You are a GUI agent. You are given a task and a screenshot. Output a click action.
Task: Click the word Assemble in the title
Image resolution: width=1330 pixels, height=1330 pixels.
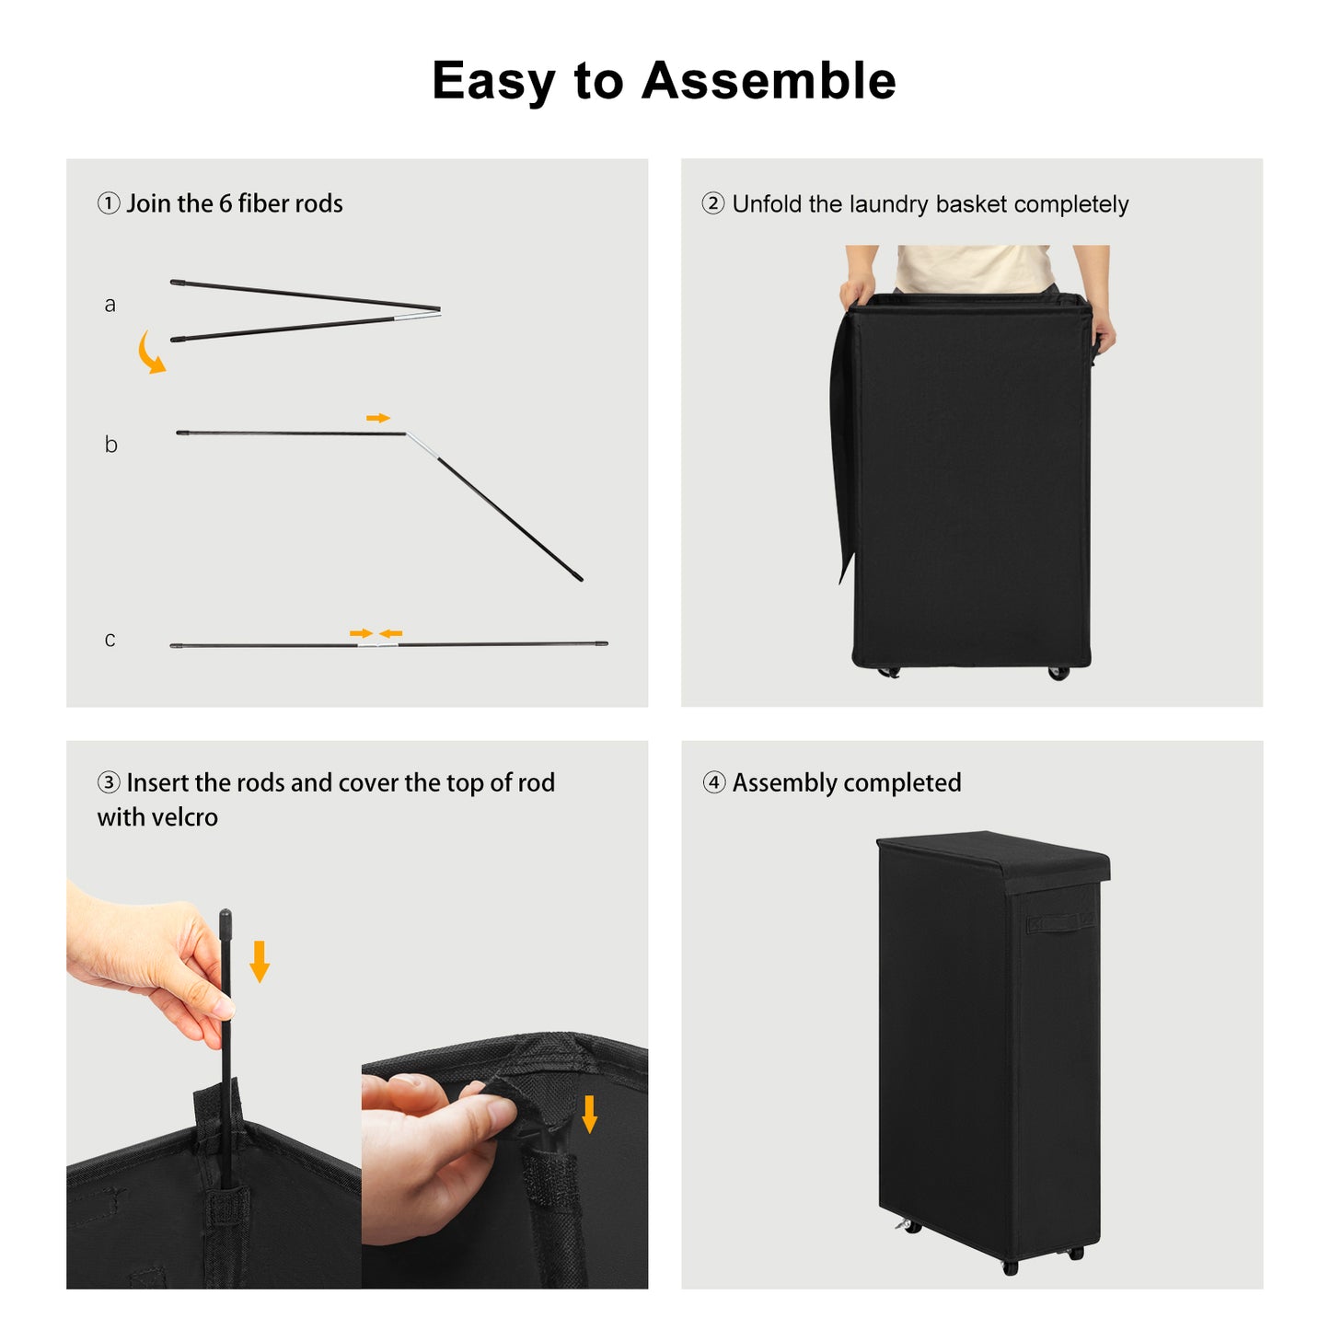tap(769, 81)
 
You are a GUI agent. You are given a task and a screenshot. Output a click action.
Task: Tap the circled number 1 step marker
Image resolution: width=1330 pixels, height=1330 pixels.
tap(109, 203)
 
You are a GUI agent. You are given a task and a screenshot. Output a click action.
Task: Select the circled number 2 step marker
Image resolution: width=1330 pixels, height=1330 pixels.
tap(713, 203)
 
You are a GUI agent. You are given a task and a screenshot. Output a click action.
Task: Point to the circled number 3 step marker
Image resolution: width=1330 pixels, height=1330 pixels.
tap(109, 782)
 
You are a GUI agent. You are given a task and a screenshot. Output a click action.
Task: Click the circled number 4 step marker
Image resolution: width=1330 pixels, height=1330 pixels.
tap(713, 782)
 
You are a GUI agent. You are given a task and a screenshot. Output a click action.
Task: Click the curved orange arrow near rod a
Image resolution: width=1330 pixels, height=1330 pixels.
tap(149, 353)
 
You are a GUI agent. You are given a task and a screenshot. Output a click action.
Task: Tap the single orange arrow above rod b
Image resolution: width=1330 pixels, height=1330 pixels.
tap(378, 418)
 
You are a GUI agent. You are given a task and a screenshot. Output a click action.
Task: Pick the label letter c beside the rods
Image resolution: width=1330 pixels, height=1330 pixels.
tap(110, 640)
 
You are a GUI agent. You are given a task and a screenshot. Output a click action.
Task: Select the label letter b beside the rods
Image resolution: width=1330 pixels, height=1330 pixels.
tap(110, 444)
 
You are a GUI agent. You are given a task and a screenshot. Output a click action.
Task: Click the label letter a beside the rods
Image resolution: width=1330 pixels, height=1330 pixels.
tap(110, 305)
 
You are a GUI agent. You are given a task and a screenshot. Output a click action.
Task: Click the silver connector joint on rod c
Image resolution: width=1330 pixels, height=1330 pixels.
tap(378, 645)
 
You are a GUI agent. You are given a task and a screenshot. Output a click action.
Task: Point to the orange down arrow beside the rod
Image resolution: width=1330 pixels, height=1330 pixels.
tap(260, 962)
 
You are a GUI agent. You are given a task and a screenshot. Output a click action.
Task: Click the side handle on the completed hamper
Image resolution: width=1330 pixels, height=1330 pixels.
tap(1061, 923)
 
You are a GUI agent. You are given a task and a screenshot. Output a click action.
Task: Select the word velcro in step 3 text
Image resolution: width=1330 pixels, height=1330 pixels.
tap(183, 817)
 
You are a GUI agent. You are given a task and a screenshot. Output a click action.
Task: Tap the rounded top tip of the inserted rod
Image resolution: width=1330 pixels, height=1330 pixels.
tap(225, 916)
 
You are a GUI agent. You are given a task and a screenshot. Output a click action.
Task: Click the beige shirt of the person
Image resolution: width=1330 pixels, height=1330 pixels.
tap(975, 268)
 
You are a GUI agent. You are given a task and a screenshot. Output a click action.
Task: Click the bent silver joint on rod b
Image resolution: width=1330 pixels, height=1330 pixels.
tap(421, 445)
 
